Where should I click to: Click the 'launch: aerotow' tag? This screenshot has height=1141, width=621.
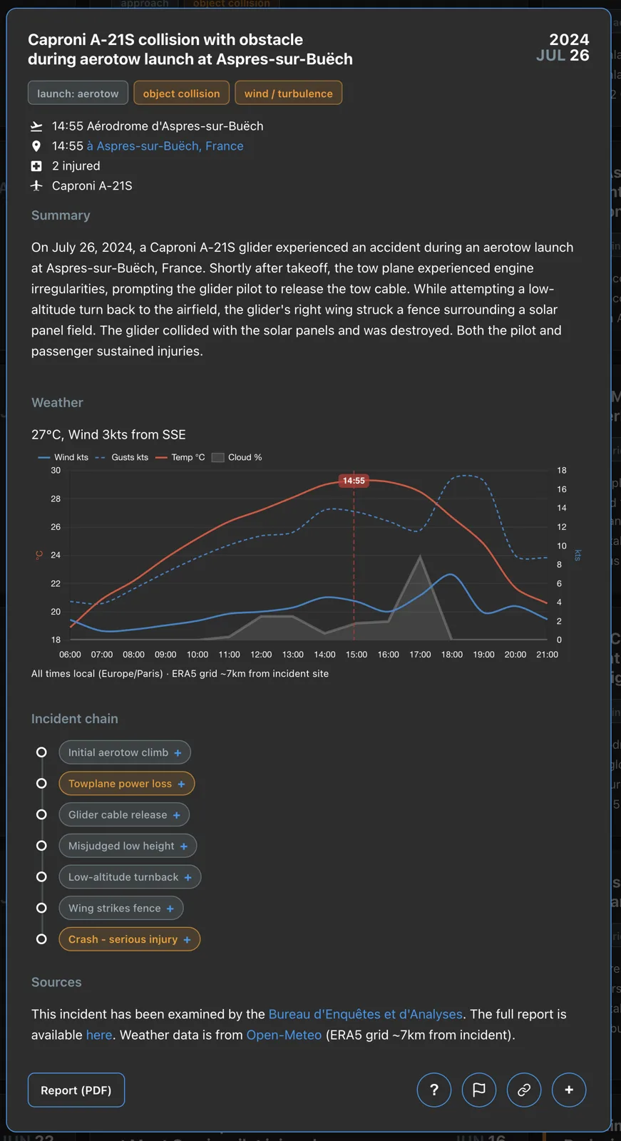tap(78, 93)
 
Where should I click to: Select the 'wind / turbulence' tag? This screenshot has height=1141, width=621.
tap(288, 93)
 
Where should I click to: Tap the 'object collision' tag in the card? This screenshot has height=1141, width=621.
tap(181, 93)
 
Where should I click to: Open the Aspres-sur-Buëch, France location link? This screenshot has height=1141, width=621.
tap(165, 146)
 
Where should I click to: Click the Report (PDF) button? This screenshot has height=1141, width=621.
tap(76, 1090)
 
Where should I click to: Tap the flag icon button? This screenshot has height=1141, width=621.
tap(479, 1090)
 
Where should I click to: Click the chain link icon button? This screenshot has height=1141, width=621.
tap(524, 1090)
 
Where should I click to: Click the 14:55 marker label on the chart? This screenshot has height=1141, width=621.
tap(354, 481)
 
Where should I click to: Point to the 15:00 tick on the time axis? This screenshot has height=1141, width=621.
tap(356, 655)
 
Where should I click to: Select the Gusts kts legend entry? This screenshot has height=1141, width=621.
tap(122, 457)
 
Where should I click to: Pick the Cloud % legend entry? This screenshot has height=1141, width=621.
tap(237, 457)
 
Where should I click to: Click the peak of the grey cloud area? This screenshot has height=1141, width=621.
tap(420, 556)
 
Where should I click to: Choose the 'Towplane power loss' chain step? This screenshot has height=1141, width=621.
tap(127, 784)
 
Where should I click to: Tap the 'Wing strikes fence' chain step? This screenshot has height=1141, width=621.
tap(121, 909)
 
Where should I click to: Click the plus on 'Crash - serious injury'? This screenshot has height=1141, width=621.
tap(187, 940)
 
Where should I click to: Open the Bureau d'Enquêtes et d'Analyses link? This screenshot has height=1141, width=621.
tap(365, 1014)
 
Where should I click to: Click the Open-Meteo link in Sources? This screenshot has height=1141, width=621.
tap(284, 1035)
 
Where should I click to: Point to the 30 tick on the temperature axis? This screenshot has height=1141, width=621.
tap(56, 471)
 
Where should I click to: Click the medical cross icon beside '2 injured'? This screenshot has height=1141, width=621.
tap(36, 166)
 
